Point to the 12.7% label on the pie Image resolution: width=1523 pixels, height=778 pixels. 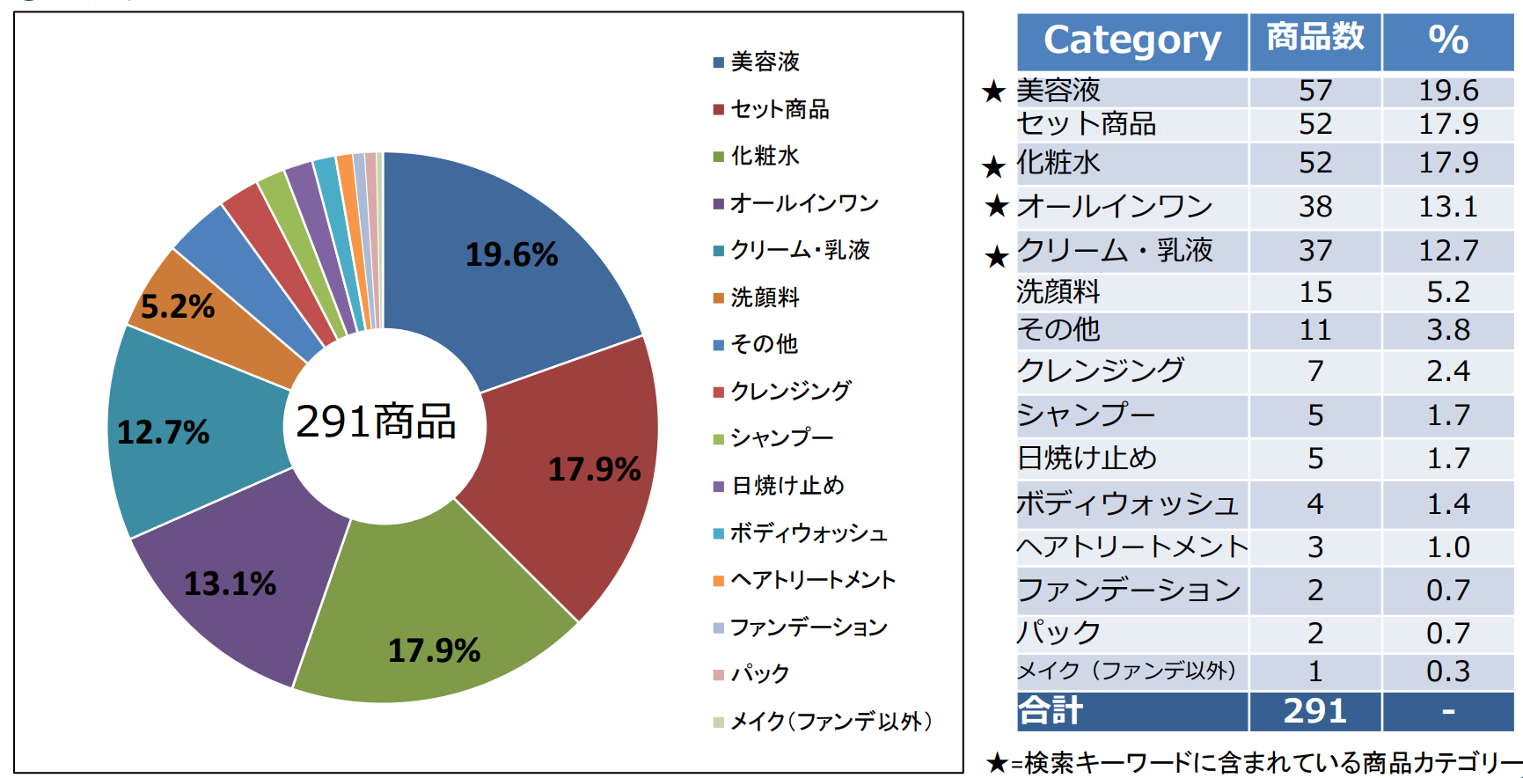tap(164, 432)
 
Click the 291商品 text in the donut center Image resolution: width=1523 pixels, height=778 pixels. tap(377, 422)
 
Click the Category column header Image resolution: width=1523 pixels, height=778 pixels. tap(1132, 40)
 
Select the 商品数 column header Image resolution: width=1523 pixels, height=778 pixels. tap(1315, 38)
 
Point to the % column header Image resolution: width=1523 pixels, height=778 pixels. tap(1448, 40)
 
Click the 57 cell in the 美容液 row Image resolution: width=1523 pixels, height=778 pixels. tap(1315, 91)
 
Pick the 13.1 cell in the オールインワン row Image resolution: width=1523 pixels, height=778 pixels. tap(1448, 207)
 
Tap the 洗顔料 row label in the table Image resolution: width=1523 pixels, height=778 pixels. tap(1058, 291)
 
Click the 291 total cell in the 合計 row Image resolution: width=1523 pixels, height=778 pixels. tap(1315, 711)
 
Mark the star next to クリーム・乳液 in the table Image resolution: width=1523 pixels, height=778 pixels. tap(996, 256)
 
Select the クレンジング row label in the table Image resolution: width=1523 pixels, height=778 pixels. tap(1101, 371)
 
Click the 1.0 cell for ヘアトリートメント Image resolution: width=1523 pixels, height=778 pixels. tap(1448, 547)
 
